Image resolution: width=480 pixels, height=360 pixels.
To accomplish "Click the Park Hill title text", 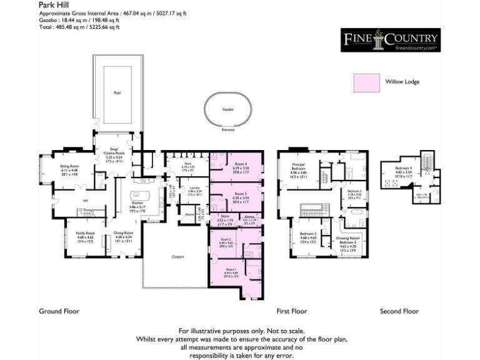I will pyautogui.click(x=52, y=5).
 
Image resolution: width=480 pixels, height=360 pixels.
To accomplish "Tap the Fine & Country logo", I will pyautogui.click(x=389, y=41).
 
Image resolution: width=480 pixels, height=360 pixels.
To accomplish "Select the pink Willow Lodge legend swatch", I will pyautogui.click(x=366, y=82).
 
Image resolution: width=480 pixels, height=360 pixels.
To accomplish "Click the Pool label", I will pyautogui.click(x=117, y=93).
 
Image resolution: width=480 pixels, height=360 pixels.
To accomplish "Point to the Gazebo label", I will pyautogui.click(x=228, y=109).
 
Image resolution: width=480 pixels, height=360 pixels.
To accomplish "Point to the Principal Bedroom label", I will pyautogui.click(x=298, y=167).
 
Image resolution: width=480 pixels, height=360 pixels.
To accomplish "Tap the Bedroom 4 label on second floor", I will pyautogui.click(x=404, y=168).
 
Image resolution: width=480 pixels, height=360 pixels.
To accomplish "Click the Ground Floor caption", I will pyautogui.click(x=59, y=311).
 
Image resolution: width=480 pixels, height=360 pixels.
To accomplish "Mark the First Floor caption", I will pyautogui.click(x=292, y=311).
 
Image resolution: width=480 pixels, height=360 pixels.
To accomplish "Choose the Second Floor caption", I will pyautogui.click(x=399, y=311).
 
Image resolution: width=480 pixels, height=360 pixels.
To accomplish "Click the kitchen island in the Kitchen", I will pyautogui.click(x=136, y=194).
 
